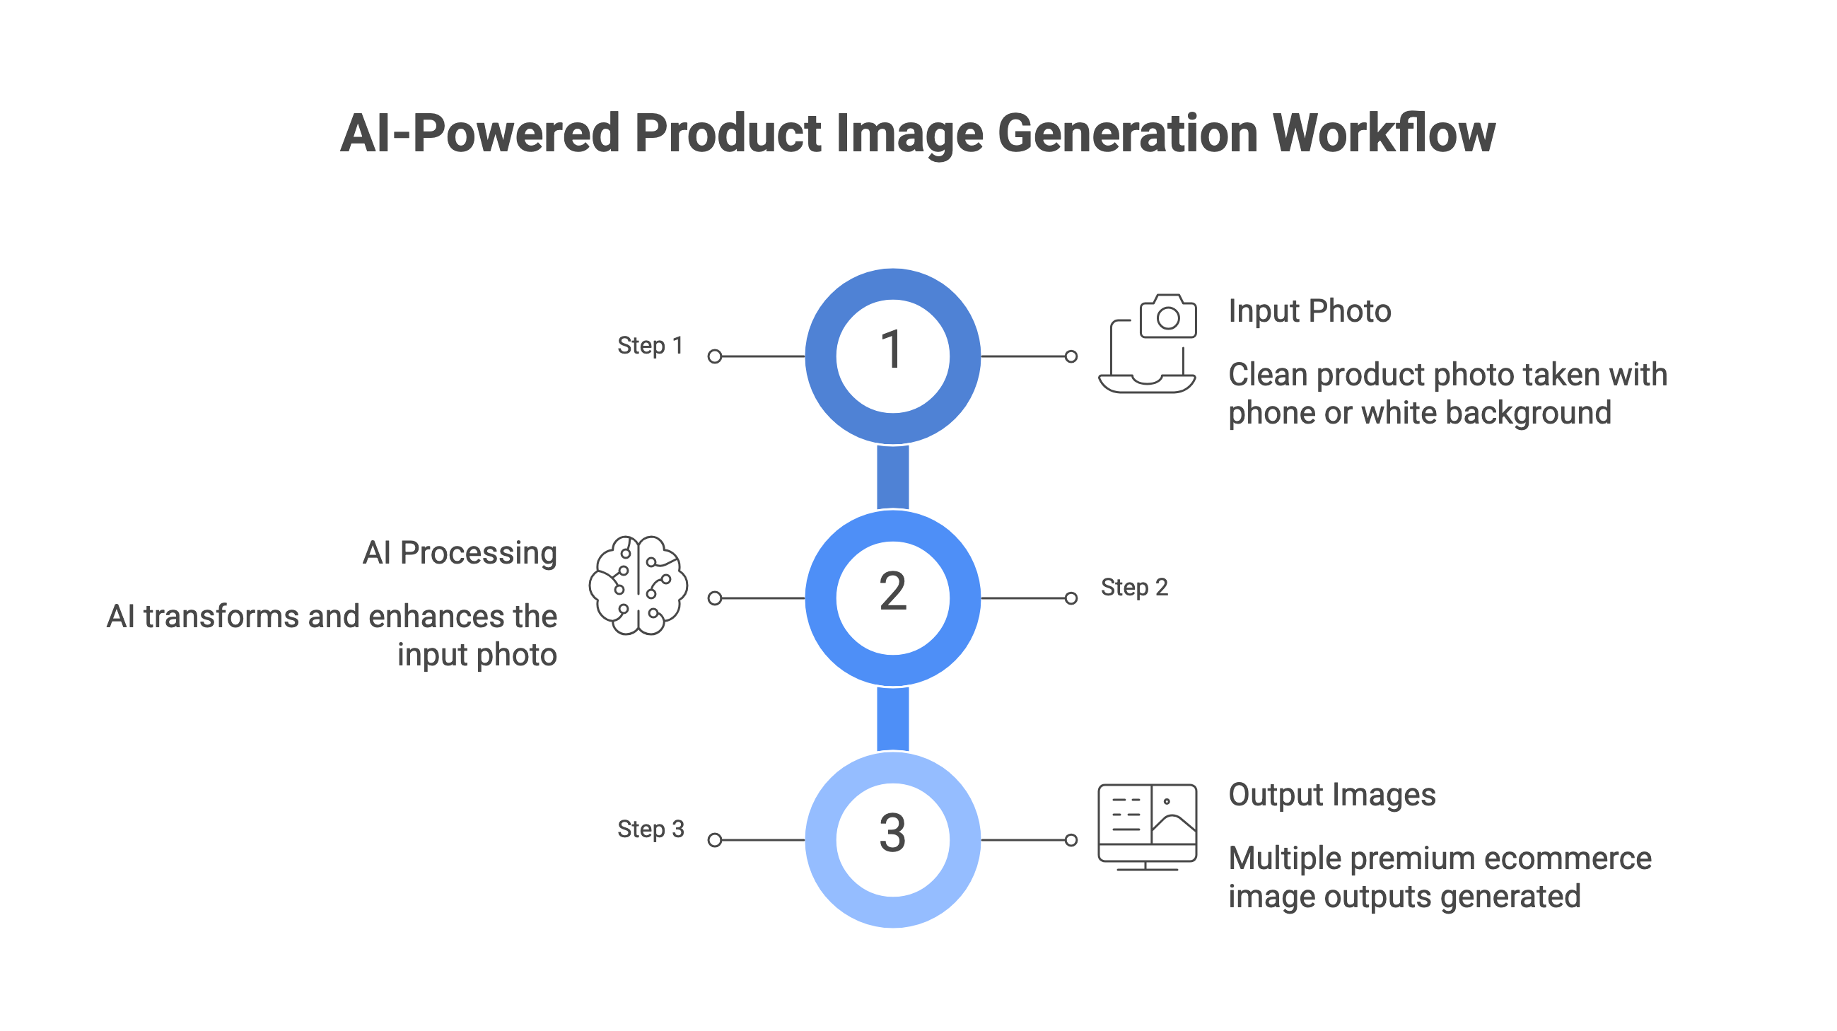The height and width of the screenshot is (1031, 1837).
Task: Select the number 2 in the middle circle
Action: [893, 591]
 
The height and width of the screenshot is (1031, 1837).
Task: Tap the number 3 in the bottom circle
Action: [893, 833]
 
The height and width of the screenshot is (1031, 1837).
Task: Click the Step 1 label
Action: [651, 346]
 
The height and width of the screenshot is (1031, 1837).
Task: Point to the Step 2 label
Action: [1135, 588]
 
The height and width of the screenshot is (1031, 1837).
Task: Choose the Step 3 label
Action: [651, 829]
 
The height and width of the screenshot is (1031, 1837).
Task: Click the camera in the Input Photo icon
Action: [1168, 316]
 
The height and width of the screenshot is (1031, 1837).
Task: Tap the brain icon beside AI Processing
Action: [638, 586]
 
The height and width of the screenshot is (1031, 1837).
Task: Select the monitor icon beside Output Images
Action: [1148, 827]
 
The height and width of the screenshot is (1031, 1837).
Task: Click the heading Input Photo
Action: [1310, 312]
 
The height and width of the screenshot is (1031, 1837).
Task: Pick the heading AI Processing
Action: [460, 553]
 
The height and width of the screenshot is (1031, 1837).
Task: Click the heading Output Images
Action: [1332, 795]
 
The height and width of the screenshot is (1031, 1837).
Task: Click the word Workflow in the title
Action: [1384, 134]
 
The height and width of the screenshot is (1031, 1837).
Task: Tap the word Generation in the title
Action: [1128, 134]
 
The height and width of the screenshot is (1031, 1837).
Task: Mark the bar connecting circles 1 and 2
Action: [893, 477]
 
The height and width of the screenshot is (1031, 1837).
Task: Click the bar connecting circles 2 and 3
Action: [893, 718]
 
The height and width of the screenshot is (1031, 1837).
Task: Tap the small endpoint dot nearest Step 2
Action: [1071, 598]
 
